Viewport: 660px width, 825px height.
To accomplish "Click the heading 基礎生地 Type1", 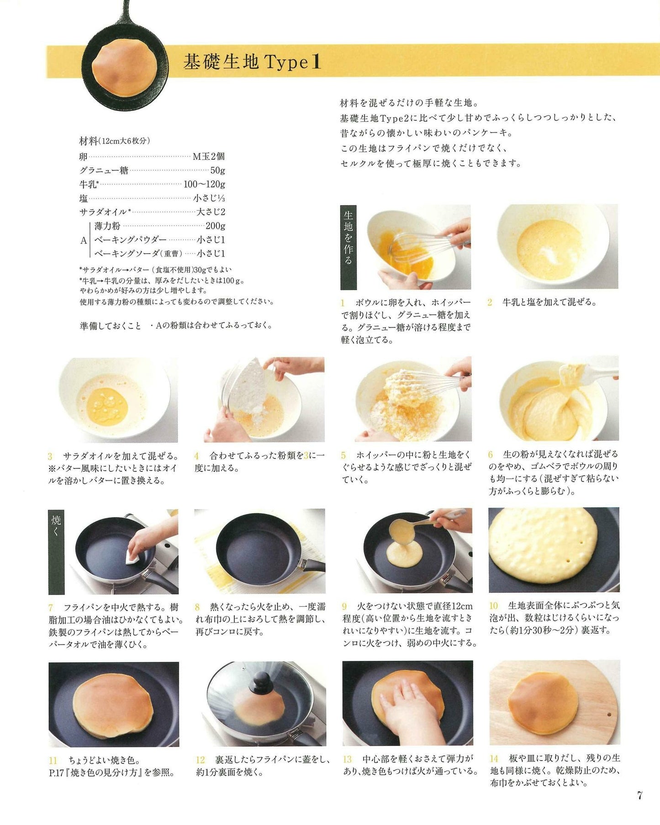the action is (252, 62).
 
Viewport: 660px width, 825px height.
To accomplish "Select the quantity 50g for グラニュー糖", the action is (217, 170).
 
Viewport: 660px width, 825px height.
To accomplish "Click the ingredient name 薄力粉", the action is (107, 226).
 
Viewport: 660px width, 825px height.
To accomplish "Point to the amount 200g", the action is (215, 226).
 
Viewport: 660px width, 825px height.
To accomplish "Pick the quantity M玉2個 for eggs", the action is (209, 156).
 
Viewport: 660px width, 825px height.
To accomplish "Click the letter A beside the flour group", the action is (84, 240).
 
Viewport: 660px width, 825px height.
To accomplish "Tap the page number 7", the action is (639, 795).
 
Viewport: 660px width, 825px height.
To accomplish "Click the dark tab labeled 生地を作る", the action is (348, 247).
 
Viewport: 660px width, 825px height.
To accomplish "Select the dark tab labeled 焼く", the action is (56, 551).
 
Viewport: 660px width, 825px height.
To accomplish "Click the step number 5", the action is (343, 455).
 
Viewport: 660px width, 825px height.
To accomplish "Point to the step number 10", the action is (493, 606).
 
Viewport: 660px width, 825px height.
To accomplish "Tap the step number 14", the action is (494, 758).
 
